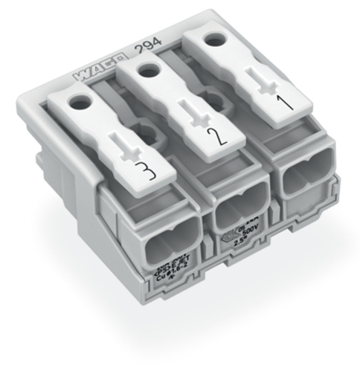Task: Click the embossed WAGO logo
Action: tap(96, 72)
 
